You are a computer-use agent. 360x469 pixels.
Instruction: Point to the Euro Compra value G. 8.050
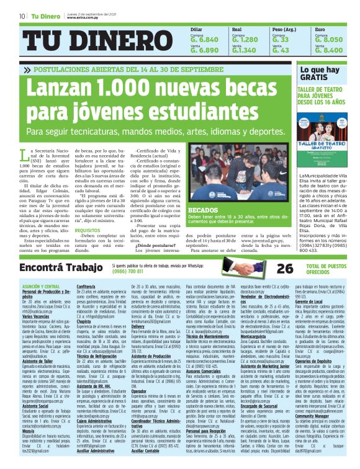[x=329, y=38]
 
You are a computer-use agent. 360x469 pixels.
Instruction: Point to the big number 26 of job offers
[x=285, y=268]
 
